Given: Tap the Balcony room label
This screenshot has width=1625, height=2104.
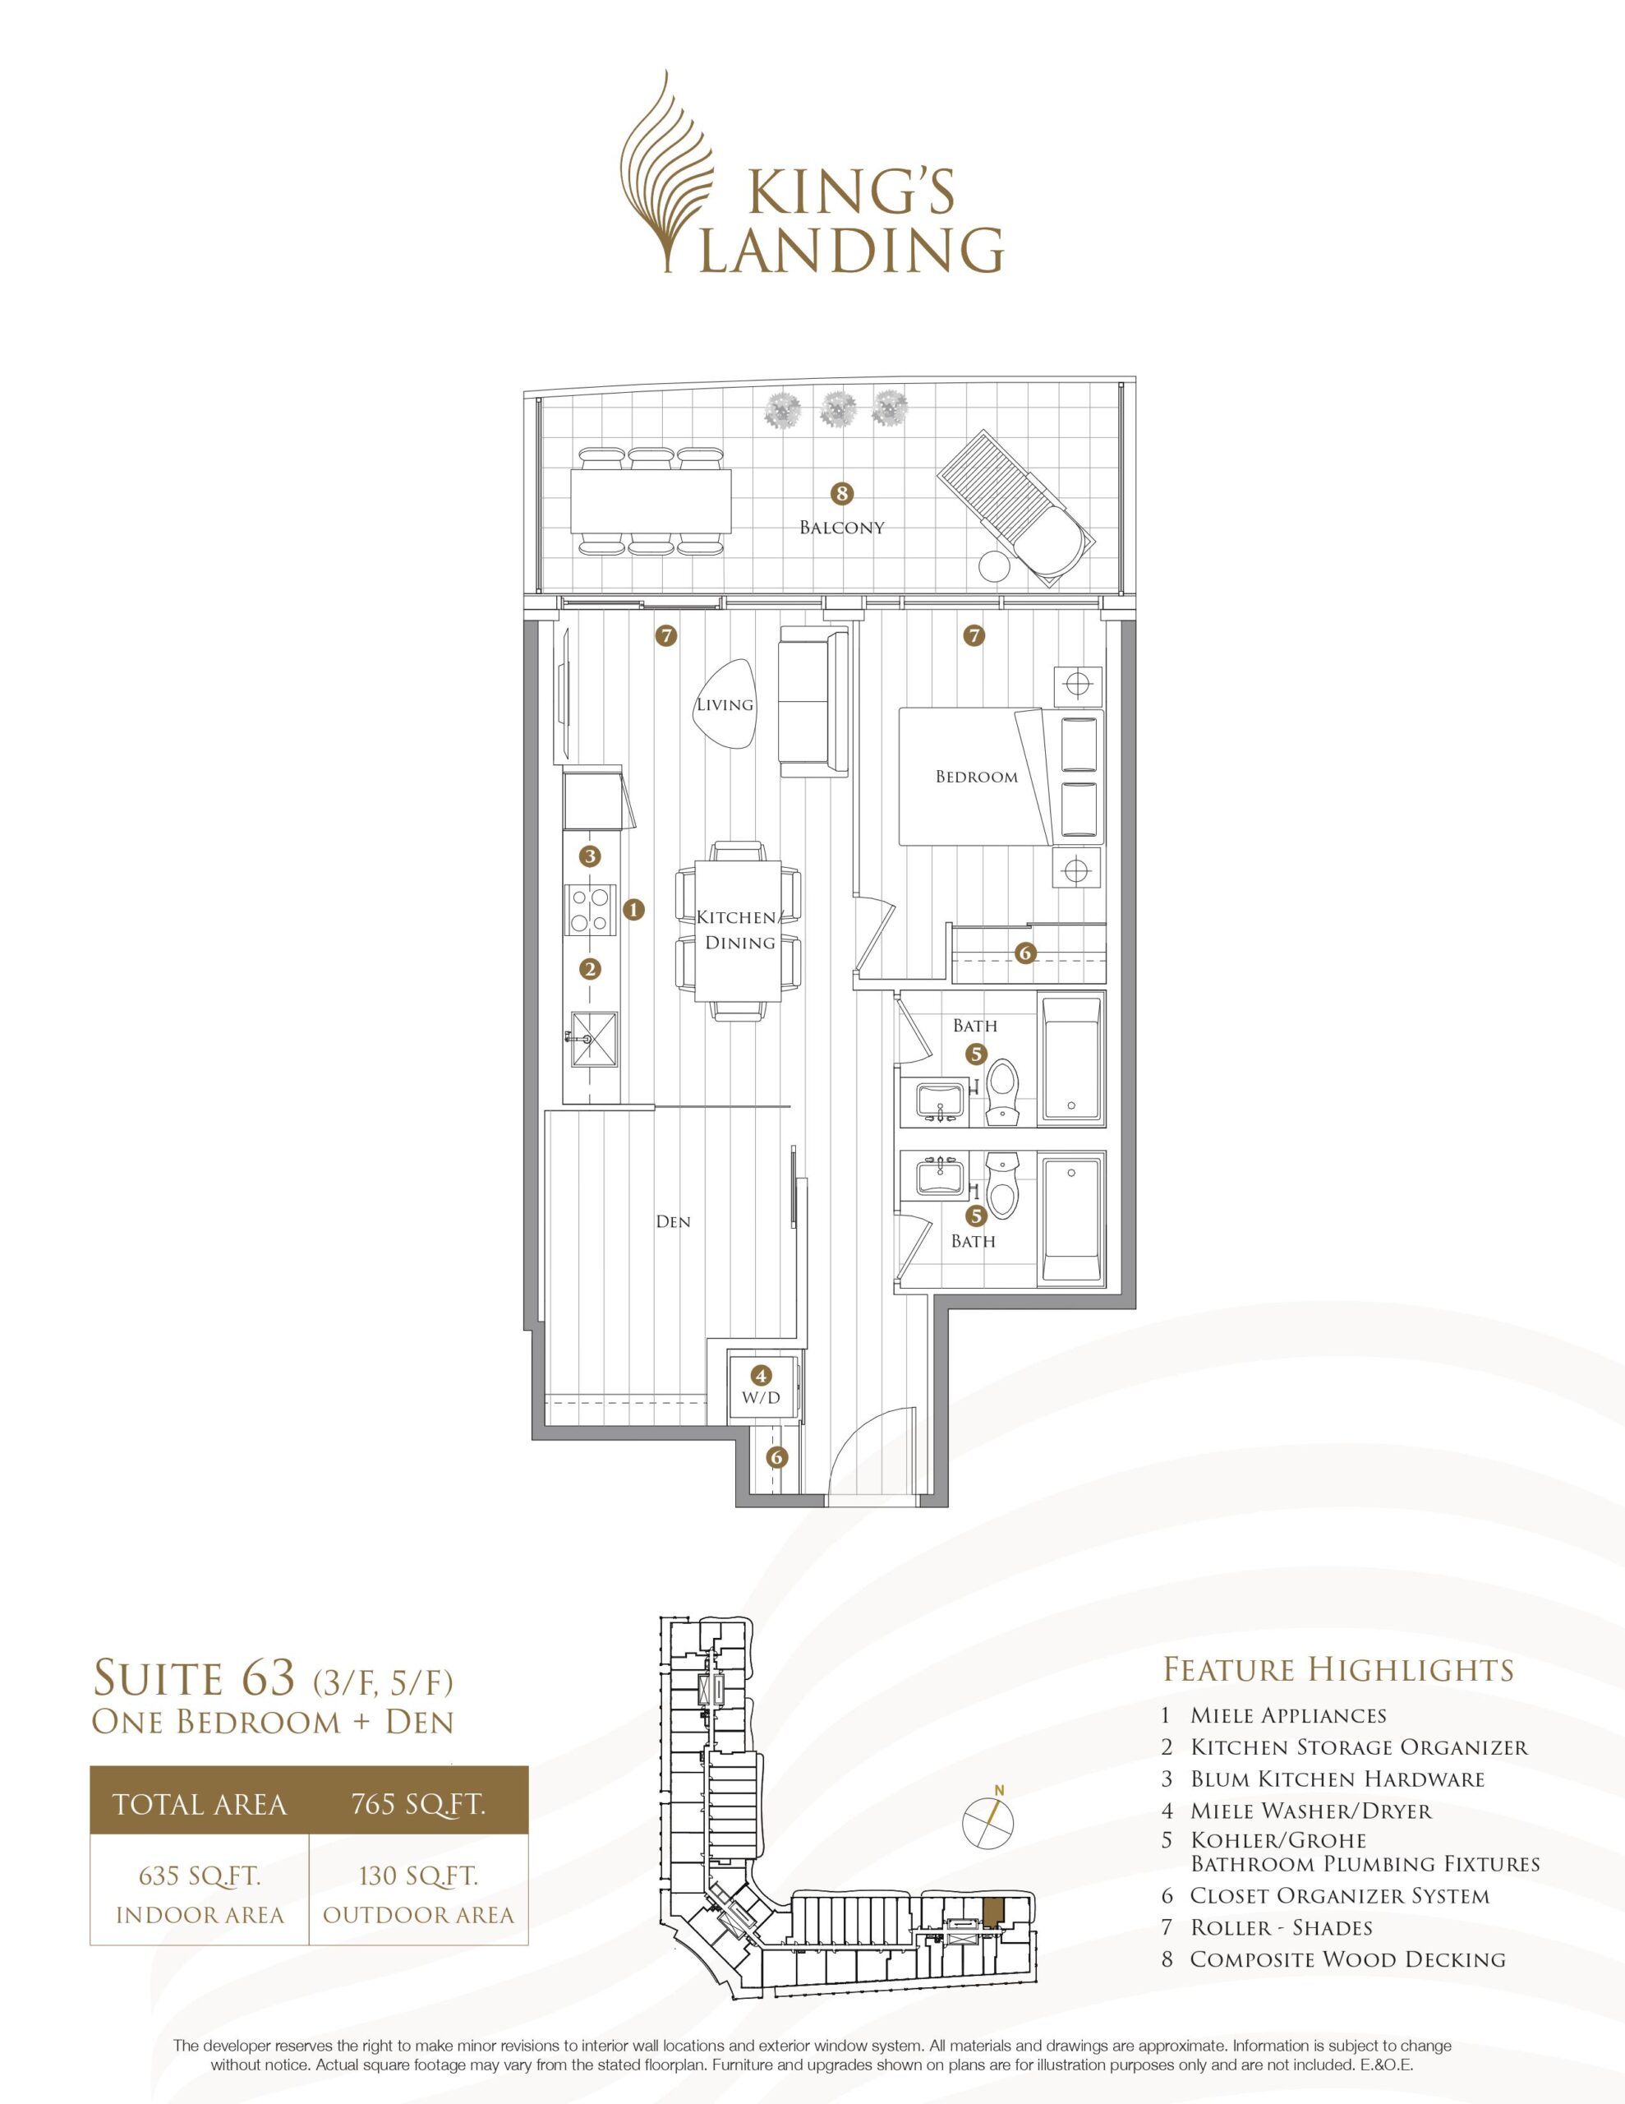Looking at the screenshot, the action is coord(842,528).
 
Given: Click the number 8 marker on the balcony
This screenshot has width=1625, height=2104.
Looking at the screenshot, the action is coord(843,494).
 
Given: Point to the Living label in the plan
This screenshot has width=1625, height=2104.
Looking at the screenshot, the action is coord(725,704).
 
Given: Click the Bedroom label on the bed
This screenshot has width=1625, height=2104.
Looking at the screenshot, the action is coord(977,777).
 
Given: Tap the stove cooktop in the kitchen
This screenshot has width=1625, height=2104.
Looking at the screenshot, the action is coord(592,910).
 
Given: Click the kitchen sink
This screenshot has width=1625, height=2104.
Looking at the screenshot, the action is coord(592,1040).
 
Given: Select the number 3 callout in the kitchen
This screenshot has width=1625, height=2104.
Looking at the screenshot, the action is coord(591,856).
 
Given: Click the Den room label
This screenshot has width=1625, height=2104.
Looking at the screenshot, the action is coord(674,1221).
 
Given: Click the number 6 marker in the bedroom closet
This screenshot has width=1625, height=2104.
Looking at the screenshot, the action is coord(1025,953).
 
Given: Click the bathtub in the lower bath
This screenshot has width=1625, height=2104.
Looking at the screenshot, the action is coord(1071,1219).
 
